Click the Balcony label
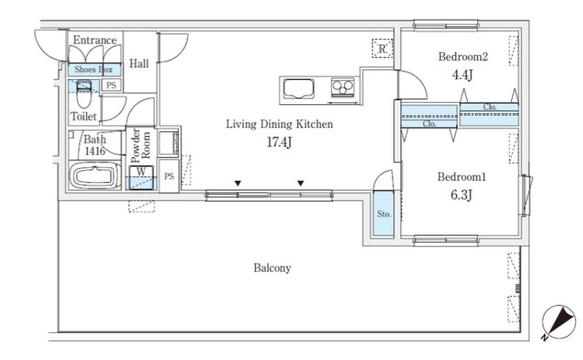(272, 268)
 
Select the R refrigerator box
(382, 48)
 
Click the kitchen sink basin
(299, 89)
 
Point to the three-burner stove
(343, 88)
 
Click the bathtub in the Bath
(95, 176)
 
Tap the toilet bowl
(83, 95)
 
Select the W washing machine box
(141, 177)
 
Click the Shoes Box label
(94, 70)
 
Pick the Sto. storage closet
(384, 214)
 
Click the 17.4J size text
(279, 142)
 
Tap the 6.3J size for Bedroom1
(462, 194)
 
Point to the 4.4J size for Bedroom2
(462, 75)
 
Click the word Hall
(139, 63)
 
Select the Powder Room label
(141, 146)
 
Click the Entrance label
(95, 40)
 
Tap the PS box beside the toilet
(111, 86)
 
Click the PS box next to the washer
(169, 176)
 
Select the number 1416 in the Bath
(95, 151)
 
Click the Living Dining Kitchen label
(279, 123)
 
